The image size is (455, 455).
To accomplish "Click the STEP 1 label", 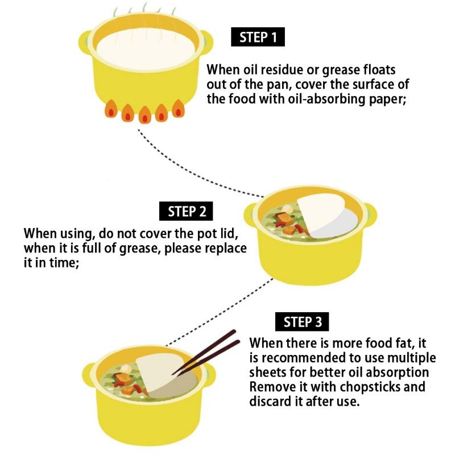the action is pos(258,37).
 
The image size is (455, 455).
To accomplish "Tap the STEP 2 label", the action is pos(186,211).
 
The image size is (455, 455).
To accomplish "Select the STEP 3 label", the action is pos(302,321).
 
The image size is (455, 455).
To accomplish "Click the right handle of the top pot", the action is pos(207,43).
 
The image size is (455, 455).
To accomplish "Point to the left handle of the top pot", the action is pos(85,43).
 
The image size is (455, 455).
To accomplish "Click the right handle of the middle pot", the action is pos(370,215).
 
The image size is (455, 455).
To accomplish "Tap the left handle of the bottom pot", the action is pos(89,375).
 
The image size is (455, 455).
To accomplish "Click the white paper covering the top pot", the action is pos(146,49).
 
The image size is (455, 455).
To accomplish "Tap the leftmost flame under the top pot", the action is pos(111,109).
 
